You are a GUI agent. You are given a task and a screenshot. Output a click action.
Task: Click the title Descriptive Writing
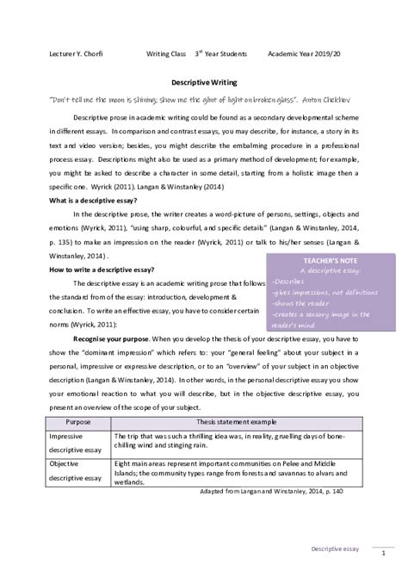[x=204, y=84]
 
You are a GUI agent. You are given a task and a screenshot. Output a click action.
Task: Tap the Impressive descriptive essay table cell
[x=76, y=444]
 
